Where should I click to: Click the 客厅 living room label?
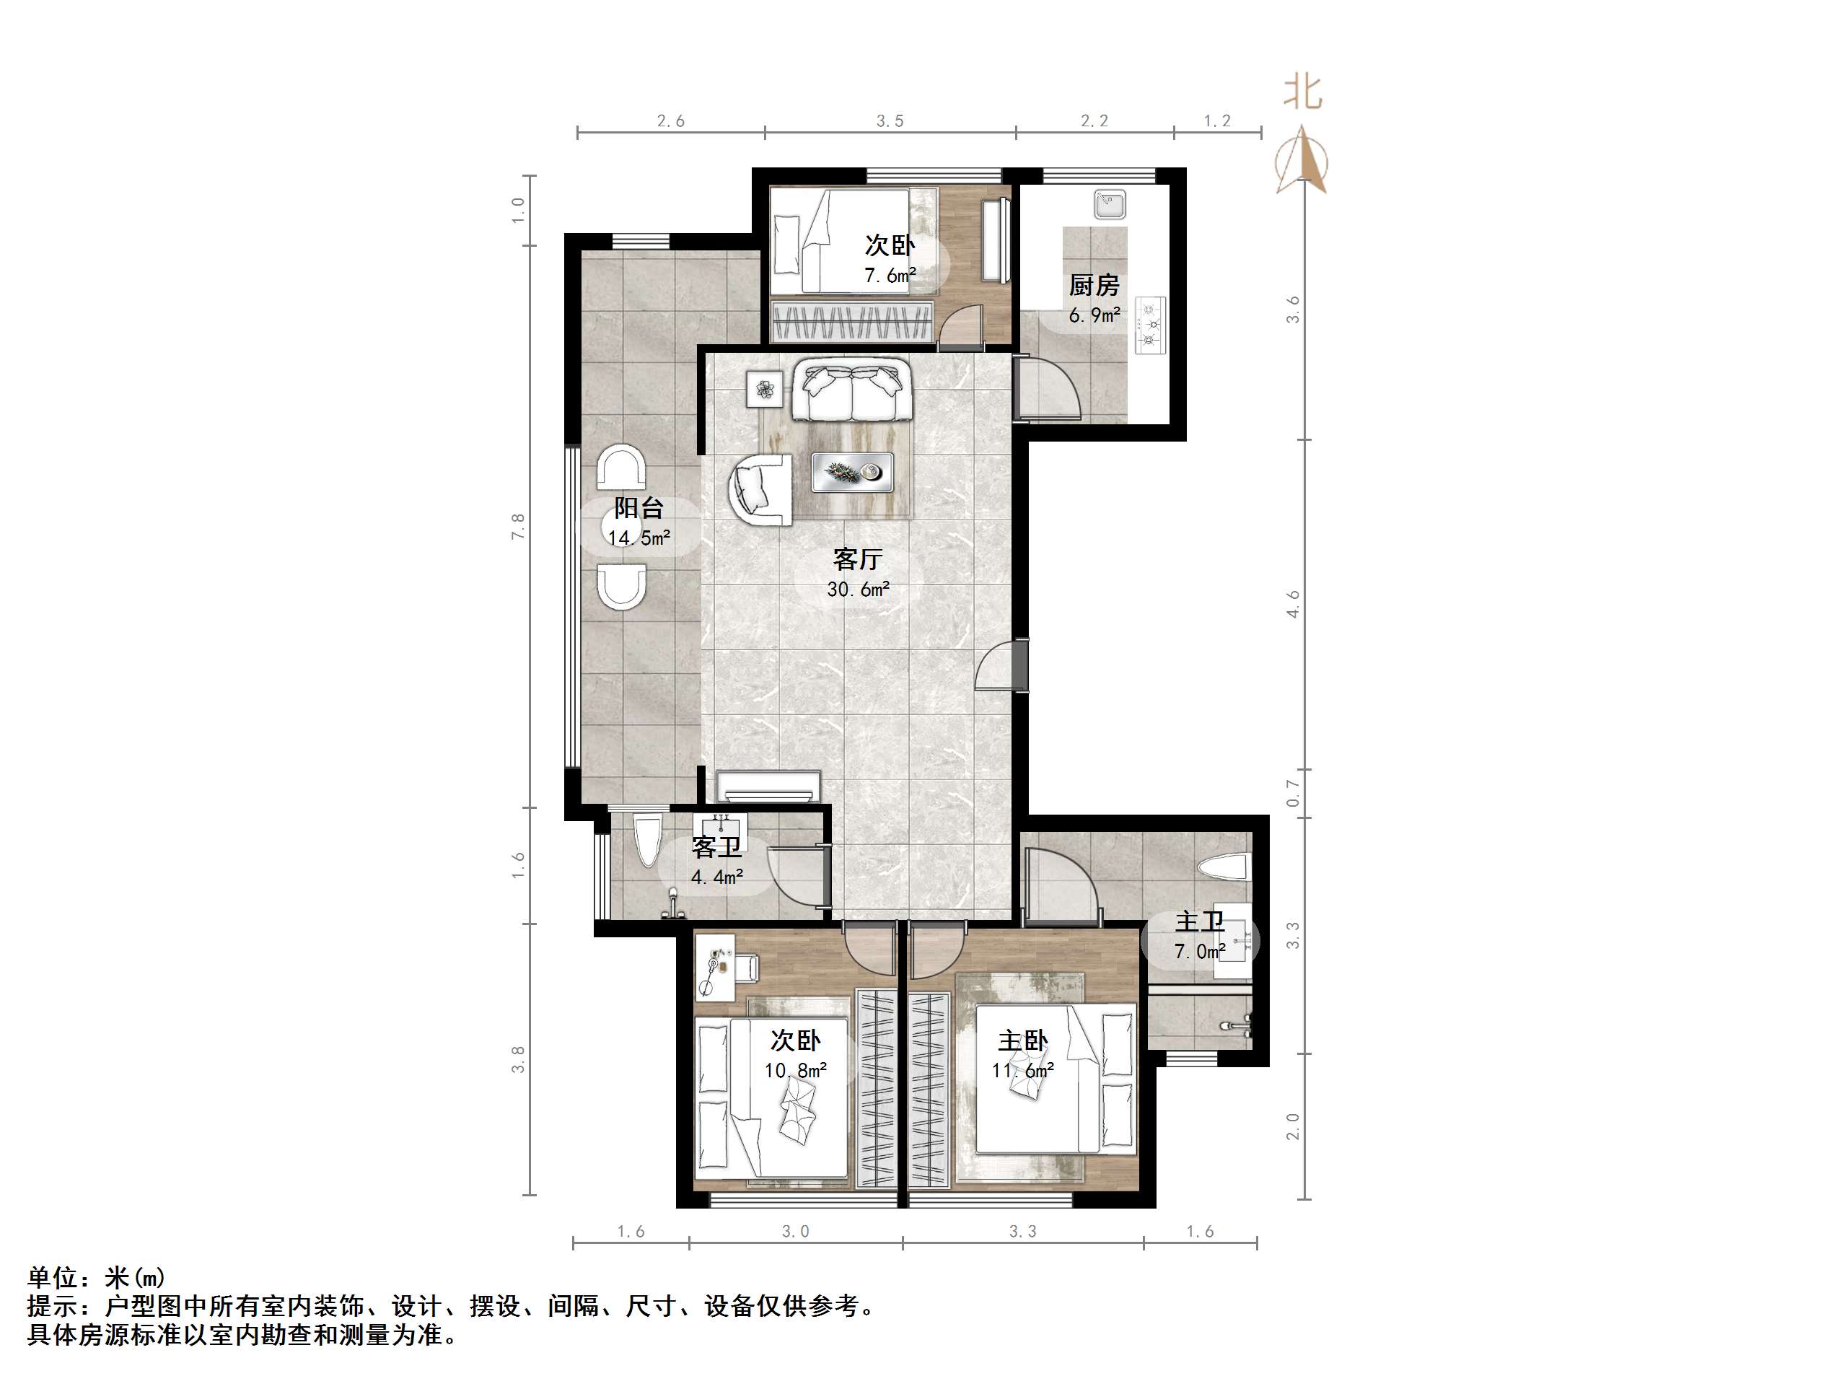(857, 559)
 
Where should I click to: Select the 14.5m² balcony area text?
(639, 538)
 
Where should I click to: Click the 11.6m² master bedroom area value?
(1022, 1071)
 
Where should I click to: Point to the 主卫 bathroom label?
(1199, 922)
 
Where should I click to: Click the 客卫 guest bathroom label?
(716, 848)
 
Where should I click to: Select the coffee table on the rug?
(851, 472)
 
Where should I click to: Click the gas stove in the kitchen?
(1150, 325)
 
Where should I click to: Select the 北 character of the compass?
(1302, 92)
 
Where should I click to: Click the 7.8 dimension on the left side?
(518, 527)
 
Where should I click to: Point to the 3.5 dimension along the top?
(890, 121)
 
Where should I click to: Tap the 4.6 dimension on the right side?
(1294, 604)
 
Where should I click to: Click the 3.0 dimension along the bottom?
(795, 1232)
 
